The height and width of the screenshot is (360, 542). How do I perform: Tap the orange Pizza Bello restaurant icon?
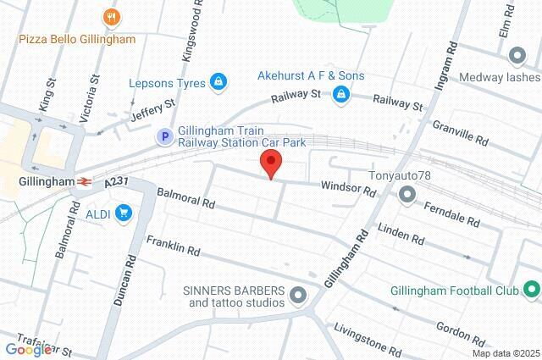[110, 16]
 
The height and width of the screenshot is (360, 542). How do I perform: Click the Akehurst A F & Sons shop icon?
[340, 93]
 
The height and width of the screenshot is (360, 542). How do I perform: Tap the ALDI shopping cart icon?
[124, 213]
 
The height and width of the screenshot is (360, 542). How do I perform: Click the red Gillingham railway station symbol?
[85, 181]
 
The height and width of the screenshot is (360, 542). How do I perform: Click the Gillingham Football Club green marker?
[531, 291]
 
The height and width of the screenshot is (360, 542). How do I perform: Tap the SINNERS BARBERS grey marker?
[297, 296]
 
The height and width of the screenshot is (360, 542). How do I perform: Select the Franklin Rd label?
[172, 246]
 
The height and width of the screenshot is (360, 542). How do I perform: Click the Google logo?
[27, 349]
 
